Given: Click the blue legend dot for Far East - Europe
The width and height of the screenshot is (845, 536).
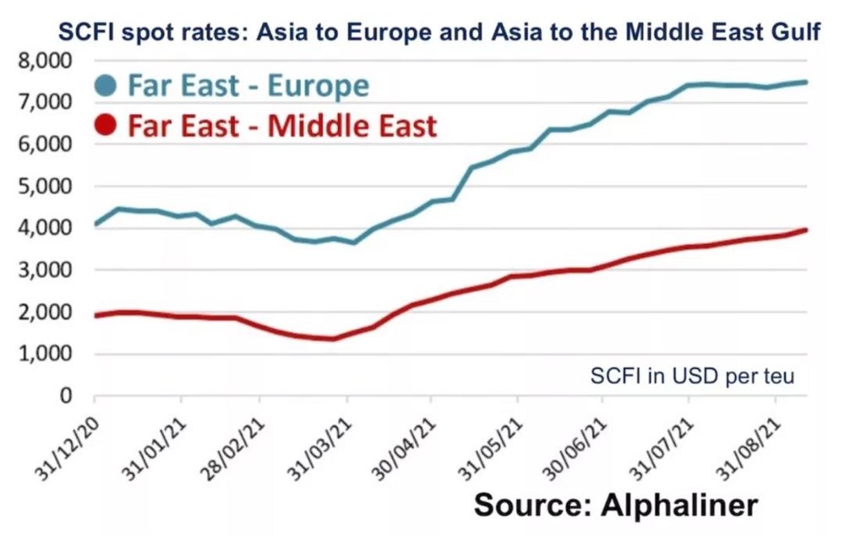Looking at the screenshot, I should click(x=106, y=85).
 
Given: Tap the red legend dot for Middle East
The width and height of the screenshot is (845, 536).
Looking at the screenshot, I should click(x=106, y=127).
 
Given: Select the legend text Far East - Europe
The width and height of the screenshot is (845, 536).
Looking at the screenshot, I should click(x=248, y=86).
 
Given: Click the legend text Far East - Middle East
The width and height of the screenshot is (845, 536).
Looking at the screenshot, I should click(x=282, y=127).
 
